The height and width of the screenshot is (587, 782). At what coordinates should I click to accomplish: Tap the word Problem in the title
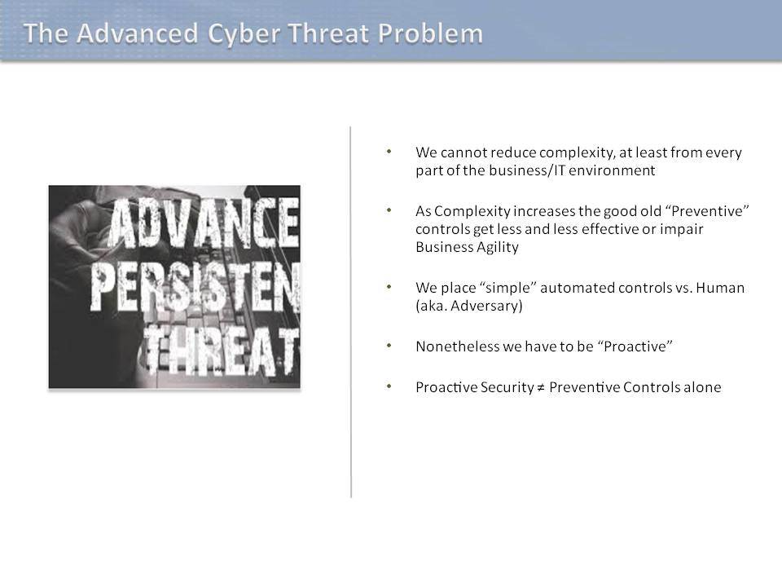click(430, 33)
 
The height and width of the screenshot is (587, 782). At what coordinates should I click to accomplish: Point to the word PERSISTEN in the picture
click(195, 288)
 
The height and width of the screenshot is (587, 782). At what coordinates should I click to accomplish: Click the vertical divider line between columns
click(351, 312)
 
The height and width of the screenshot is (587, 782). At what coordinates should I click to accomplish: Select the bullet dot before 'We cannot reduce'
click(389, 151)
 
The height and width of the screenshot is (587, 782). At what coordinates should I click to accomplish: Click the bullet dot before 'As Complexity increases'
click(389, 210)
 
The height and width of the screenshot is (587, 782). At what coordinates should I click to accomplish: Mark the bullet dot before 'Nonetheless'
click(389, 345)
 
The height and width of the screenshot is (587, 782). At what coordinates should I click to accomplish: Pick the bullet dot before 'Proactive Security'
click(389, 386)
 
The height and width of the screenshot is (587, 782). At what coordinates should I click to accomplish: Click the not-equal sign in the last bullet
click(541, 388)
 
